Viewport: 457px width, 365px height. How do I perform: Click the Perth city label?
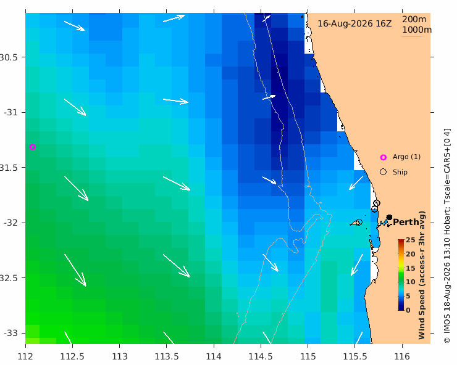tap(406, 222)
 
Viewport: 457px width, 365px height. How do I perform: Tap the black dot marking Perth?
tap(389, 217)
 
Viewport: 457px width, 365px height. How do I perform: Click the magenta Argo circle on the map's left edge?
tap(33, 147)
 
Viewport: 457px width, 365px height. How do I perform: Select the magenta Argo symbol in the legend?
tap(384, 157)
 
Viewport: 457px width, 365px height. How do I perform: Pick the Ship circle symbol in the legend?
tap(384, 172)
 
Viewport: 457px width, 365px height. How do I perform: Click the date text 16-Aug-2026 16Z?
tap(354, 23)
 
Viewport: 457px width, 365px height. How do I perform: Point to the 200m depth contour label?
tap(414, 19)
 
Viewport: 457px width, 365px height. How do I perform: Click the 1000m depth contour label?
tap(417, 30)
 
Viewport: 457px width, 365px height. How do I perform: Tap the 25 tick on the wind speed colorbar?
tap(410, 240)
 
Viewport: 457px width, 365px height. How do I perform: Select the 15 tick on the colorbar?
tap(410, 268)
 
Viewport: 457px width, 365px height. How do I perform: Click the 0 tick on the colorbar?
tap(408, 310)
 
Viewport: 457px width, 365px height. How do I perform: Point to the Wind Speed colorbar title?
tap(422, 275)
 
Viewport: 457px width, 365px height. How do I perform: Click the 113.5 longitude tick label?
tap(166, 356)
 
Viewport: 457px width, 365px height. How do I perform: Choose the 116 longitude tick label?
tap(402, 356)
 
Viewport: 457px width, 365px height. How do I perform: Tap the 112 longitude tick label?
tap(25, 356)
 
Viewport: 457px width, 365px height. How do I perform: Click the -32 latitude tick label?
tap(10, 223)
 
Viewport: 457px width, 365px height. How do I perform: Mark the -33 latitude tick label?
tap(10, 333)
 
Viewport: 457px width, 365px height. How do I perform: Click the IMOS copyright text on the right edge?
tap(447, 236)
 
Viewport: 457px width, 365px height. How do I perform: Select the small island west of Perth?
tap(356, 223)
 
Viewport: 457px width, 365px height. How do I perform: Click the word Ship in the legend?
tap(400, 172)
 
